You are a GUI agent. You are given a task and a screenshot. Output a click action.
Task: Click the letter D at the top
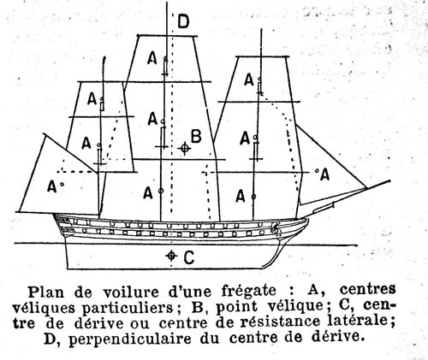(183, 21)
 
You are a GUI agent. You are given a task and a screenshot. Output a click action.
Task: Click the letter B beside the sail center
(196, 136)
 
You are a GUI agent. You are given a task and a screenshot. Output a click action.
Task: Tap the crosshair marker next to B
(185, 148)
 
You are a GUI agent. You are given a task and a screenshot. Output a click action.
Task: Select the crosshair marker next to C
(170, 256)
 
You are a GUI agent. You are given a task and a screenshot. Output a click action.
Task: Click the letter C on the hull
(189, 257)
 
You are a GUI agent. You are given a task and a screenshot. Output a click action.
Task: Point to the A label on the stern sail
(51, 186)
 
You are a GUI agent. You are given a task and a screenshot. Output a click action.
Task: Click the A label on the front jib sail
(324, 174)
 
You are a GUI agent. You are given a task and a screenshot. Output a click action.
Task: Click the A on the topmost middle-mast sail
(152, 59)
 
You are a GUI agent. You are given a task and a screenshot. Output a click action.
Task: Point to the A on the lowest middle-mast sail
(148, 193)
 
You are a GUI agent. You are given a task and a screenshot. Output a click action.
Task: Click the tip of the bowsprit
(389, 180)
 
